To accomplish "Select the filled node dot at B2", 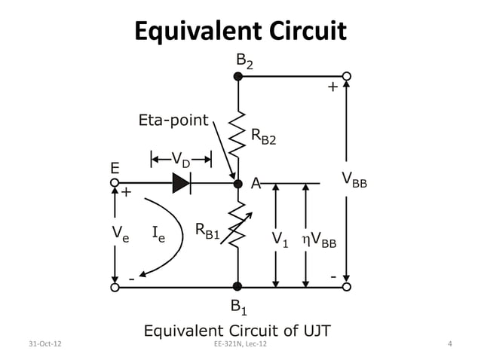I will click(237, 76).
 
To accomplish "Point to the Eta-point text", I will click(173, 120).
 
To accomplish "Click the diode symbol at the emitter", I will click(181, 183).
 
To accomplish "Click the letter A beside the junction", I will click(256, 183).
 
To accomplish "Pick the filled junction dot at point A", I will click(237, 183).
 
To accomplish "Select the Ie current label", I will click(159, 234).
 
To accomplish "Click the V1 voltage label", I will click(280, 240).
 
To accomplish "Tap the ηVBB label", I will click(319, 240).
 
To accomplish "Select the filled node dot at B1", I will click(237, 286).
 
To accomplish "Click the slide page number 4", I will click(449, 345).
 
